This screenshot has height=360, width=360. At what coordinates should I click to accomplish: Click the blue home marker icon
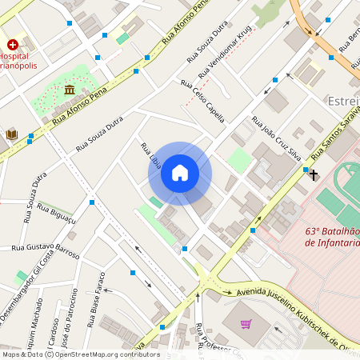180,173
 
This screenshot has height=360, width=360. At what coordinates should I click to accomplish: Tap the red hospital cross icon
13,45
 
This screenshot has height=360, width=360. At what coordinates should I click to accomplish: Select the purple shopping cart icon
246,324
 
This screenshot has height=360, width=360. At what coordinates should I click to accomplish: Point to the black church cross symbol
314,174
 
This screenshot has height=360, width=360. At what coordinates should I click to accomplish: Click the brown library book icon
12,134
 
